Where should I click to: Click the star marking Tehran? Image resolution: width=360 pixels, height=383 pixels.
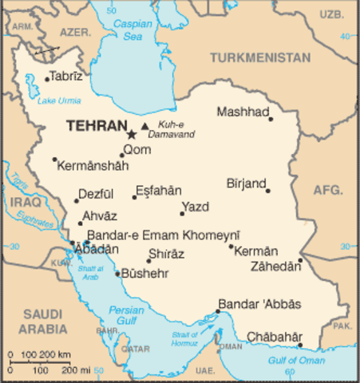132,135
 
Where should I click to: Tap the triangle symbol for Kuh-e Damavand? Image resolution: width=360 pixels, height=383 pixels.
144,126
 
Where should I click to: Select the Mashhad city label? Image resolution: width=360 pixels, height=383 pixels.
243,112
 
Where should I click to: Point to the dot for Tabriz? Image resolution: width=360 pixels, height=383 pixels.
47,77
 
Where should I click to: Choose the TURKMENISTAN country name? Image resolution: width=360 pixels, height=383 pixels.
260,57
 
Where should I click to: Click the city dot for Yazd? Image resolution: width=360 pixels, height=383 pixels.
183,213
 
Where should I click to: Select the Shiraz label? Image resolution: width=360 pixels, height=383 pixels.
165,254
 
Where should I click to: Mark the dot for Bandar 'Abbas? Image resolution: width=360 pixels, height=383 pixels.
217,312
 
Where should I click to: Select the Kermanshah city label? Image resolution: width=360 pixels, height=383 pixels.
93,164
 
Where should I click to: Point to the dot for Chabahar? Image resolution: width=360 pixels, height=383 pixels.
301,345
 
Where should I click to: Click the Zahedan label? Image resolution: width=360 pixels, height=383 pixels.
275,267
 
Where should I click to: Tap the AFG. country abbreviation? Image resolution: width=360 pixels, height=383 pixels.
327,191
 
